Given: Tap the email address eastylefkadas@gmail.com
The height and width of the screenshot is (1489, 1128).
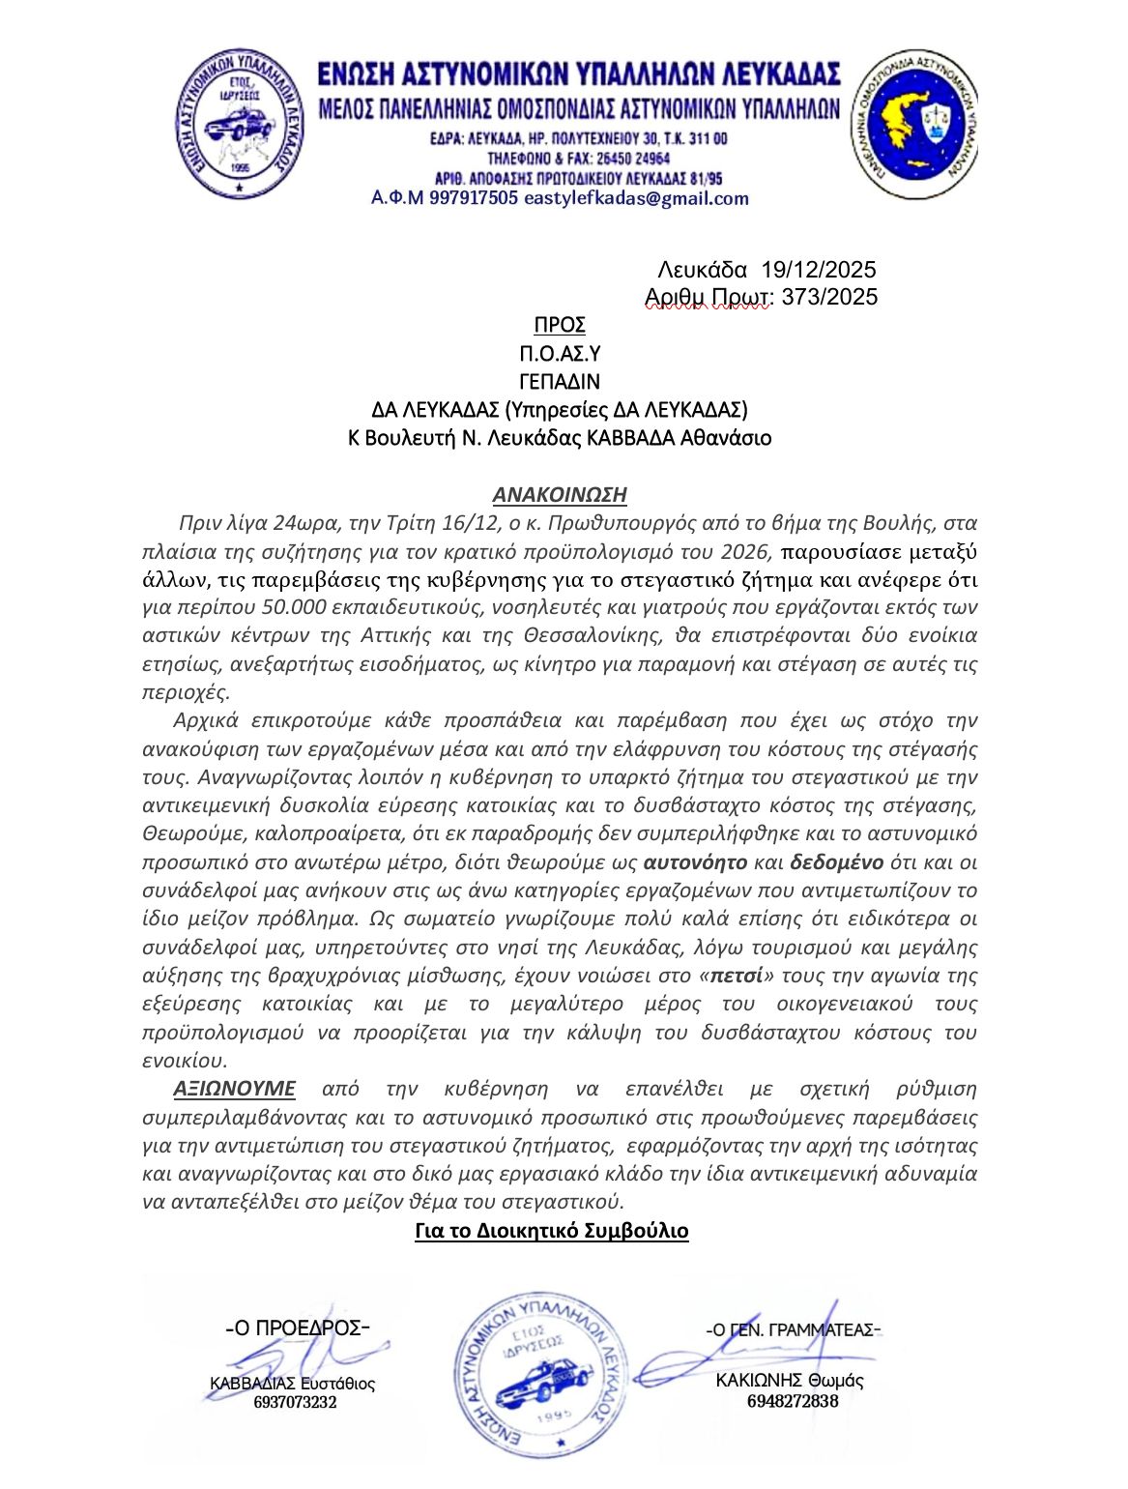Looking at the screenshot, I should (636, 199).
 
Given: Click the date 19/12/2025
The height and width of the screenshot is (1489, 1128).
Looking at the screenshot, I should (819, 269).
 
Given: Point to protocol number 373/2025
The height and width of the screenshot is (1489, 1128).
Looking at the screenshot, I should (829, 297).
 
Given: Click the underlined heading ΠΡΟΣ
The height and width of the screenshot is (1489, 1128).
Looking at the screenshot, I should (560, 325).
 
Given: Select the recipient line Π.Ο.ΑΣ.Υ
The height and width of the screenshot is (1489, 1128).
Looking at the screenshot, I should (560, 353).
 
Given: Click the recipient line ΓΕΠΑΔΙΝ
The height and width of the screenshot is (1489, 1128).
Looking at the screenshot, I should (560, 381).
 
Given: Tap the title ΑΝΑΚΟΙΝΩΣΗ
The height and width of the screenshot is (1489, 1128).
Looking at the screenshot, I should (560, 495).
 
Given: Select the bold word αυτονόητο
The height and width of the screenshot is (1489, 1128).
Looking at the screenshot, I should (695, 862).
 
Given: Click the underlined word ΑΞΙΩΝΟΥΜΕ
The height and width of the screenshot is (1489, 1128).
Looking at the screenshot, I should (234, 1089).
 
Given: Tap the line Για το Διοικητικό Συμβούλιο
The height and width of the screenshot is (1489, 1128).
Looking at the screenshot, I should (551, 1231).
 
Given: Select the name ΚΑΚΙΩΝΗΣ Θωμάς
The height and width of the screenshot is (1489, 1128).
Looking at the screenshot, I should (790, 1381).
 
